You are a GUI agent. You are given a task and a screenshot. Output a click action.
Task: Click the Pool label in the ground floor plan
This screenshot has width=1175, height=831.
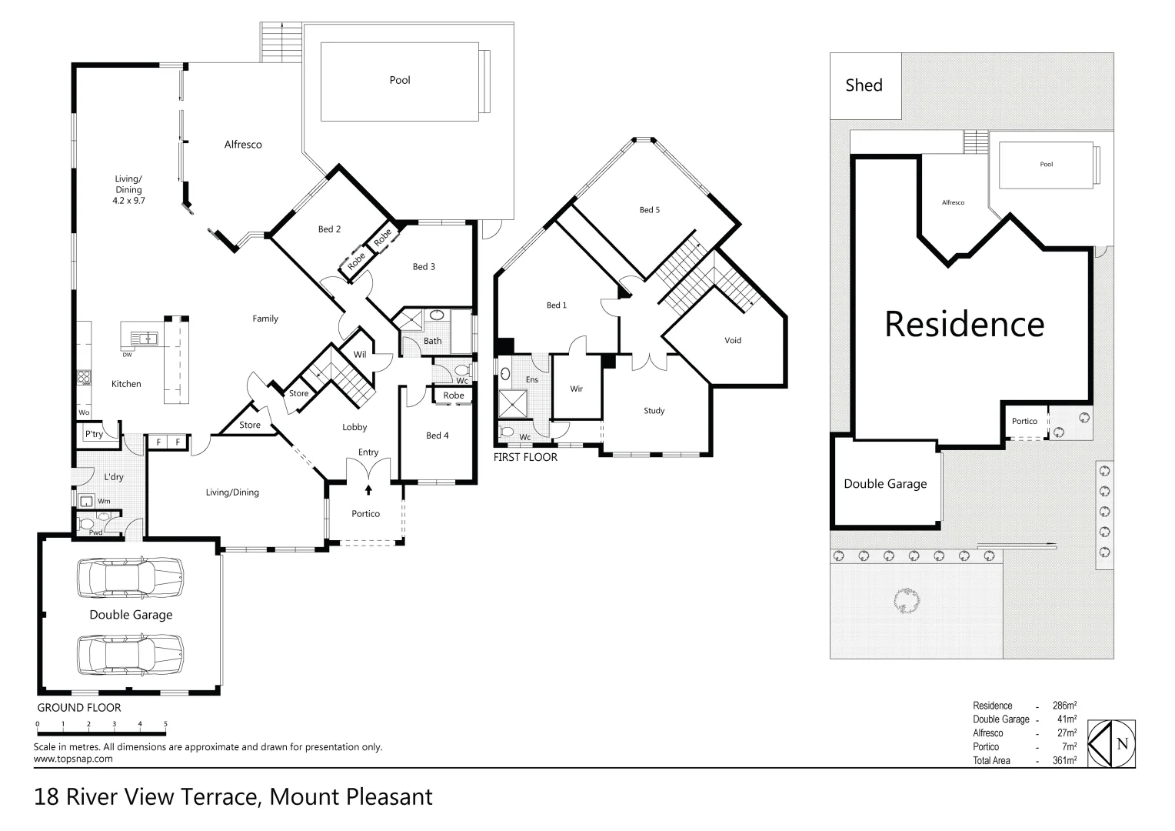click(400, 80)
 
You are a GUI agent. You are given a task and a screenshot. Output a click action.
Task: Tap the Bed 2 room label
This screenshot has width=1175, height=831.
click(329, 229)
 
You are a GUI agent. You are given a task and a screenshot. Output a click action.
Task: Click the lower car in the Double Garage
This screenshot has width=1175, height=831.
click(130, 654)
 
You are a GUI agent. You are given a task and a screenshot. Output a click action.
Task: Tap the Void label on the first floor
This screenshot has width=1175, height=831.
click(733, 340)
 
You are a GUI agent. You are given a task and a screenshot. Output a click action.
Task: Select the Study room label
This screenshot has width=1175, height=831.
click(654, 411)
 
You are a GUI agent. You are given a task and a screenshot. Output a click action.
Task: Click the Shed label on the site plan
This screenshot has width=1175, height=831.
click(864, 85)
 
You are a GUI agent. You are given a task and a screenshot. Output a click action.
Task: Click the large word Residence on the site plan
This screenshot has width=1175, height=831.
click(964, 324)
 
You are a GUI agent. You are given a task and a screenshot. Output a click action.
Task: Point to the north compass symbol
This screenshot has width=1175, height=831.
click(1113, 744)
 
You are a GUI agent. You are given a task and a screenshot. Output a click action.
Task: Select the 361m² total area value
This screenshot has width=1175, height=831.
click(1064, 761)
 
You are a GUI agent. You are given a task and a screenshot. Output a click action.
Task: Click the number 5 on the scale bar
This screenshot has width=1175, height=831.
click(166, 724)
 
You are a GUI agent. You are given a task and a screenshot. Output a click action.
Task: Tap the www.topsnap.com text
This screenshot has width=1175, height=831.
click(73, 759)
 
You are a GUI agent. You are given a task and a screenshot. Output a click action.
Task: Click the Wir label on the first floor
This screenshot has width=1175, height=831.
click(577, 389)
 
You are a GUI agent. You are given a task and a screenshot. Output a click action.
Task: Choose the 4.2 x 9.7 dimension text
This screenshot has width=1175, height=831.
click(128, 200)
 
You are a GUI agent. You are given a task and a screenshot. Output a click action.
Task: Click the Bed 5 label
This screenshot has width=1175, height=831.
click(650, 210)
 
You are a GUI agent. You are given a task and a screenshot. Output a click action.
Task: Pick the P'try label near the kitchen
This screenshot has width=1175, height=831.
click(94, 434)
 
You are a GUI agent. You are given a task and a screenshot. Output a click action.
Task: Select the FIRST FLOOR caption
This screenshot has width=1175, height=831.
click(525, 457)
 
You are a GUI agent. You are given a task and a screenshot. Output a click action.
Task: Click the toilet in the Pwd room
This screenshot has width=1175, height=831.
click(86, 523)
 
